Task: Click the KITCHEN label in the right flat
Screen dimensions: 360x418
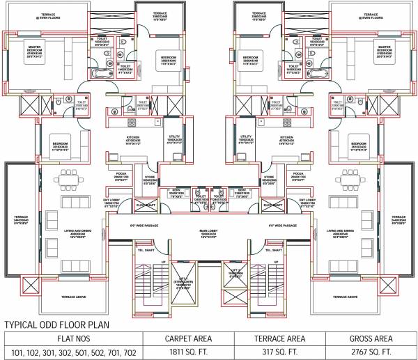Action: (x=286, y=137)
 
